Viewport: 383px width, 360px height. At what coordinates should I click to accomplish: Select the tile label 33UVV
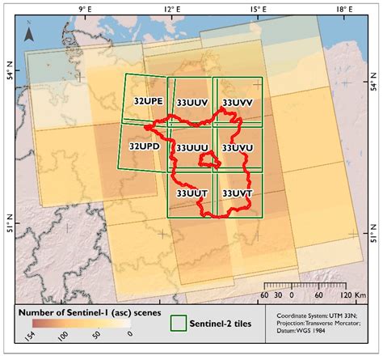(238, 103)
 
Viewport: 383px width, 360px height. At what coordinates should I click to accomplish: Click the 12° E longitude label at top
(170, 10)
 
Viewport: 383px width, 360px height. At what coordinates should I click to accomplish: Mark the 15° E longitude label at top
(256, 10)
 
